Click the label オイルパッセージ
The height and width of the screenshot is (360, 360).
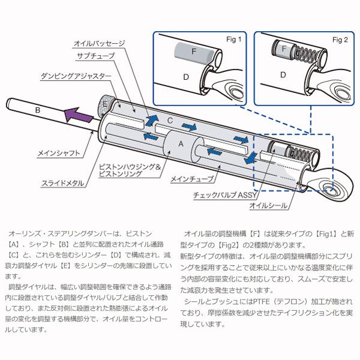tap(99, 44)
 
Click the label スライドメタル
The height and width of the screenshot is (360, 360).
tap(60, 183)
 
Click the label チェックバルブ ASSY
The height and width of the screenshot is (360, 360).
tap(222, 196)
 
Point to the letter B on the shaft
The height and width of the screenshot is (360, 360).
tap(38, 110)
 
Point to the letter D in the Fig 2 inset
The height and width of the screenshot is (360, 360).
tap(281, 75)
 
